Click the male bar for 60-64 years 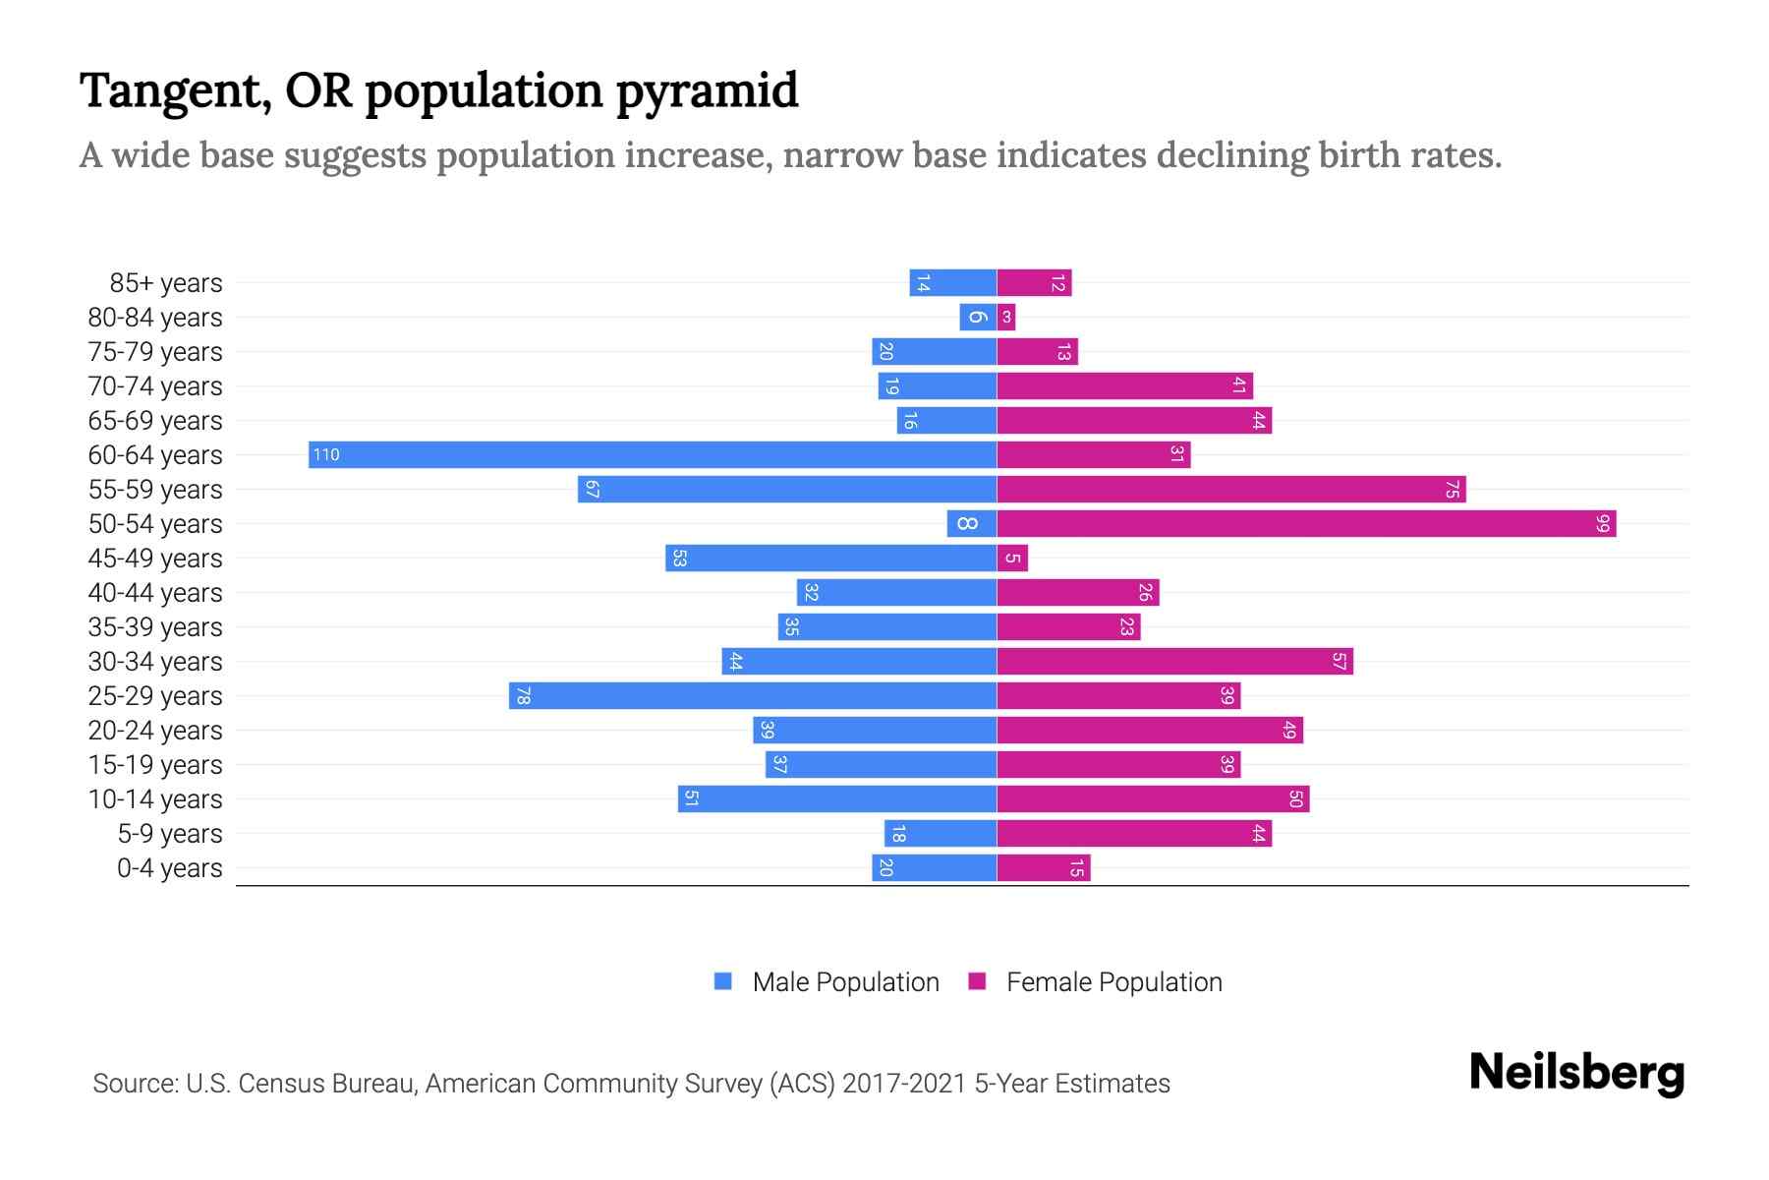(653, 454)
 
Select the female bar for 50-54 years (1306, 523)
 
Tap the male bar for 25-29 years (753, 695)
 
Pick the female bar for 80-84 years (1006, 317)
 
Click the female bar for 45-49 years (1012, 558)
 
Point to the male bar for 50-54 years (972, 523)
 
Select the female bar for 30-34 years (1174, 661)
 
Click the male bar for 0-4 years (934, 867)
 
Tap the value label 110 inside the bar (326, 454)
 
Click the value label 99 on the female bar (1603, 523)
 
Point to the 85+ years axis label (166, 283)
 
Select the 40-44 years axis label (155, 593)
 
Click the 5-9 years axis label (170, 834)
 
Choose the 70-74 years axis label (155, 386)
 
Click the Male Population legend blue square (723, 981)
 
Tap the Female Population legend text (1113, 981)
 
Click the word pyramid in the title (707, 91)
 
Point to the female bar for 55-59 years (1230, 489)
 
